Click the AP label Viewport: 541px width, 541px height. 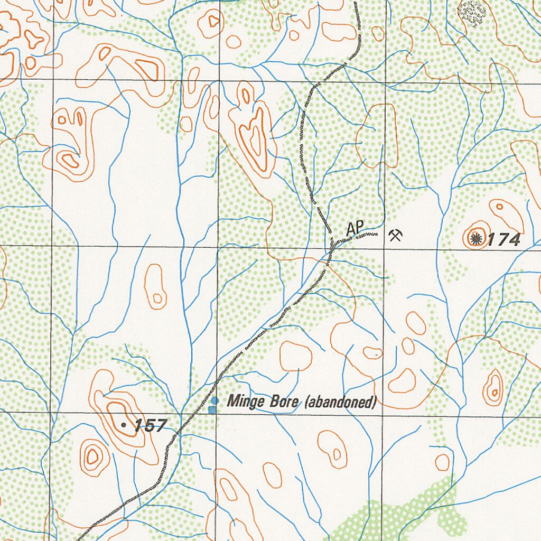pos(356,229)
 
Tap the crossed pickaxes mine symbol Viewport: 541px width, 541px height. pos(395,235)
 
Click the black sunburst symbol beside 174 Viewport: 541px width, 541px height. pos(477,239)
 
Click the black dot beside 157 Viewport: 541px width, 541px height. pos(124,424)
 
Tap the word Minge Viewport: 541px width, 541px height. pos(245,402)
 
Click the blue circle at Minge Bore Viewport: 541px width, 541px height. pos(214,400)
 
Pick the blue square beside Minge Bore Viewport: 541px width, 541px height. pos(212,409)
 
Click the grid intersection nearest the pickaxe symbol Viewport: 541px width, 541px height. pos(385,248)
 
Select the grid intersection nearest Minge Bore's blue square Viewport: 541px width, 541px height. pos(217,413)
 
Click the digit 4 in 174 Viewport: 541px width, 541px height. pos(514,240)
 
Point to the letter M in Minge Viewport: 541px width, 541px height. pos(232,402)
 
